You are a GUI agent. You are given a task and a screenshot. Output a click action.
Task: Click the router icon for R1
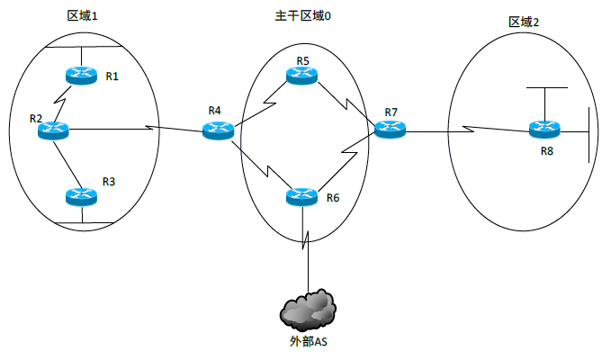(x=80, y=76)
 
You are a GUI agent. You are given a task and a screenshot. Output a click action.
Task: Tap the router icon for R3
(x=81, y=195)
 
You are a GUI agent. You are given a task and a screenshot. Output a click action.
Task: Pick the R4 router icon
(x=217, y=130)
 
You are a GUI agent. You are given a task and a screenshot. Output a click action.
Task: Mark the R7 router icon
(x=390, y=130)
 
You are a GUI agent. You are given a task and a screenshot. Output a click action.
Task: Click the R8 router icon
(x=544, y=130)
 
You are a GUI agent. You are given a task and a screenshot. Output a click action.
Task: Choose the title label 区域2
(x=524, y=22)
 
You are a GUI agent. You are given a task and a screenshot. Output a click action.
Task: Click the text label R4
(x=214, y=111)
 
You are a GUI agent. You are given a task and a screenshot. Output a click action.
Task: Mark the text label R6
(x=333, y=198)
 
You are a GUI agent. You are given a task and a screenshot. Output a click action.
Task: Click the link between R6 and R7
(x=346, y=162)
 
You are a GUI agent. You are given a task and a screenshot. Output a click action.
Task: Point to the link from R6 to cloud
(x=305, y=247)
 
